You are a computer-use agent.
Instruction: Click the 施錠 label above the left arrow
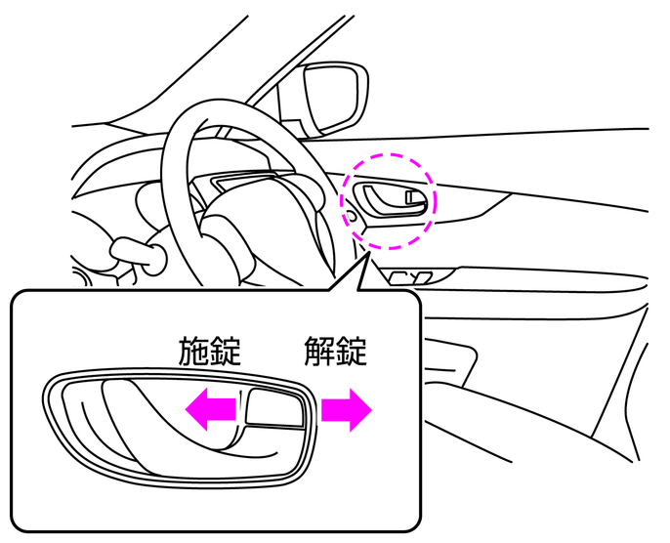coord(209,352)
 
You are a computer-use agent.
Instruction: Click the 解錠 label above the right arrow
coord(335,352)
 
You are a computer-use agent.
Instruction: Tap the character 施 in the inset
coord(193,352)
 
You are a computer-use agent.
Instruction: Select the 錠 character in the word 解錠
coord(352,352)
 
